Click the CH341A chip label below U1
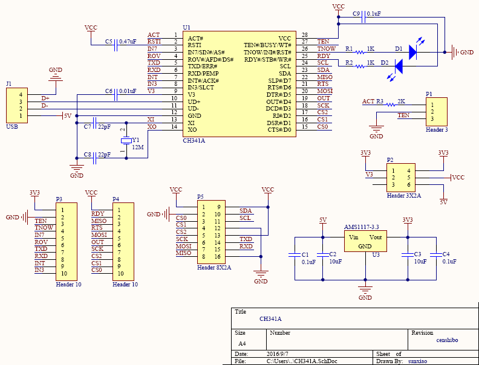(194, 140)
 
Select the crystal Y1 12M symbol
(126, 141)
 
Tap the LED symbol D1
(412, 52)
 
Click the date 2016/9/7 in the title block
(278, 353)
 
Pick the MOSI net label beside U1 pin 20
(325, 91)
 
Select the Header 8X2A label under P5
(213, 266)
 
